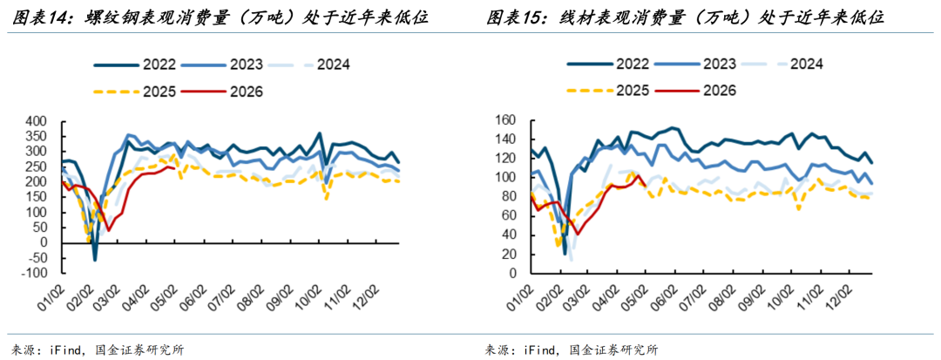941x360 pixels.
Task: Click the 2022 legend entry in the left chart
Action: (x=134, y=65)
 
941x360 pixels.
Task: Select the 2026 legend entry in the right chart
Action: (x=696, y=91)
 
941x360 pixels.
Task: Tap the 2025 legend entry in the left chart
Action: (x=134, y=92)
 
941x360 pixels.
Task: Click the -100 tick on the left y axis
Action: (x=45, y=273)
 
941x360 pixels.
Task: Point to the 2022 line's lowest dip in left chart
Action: (x=95, y=260)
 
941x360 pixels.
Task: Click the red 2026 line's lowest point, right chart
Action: (x=578, y=234)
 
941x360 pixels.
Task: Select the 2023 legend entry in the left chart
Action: (x=219, y=65)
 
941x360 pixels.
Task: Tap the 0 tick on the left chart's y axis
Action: (x=55, y=242)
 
